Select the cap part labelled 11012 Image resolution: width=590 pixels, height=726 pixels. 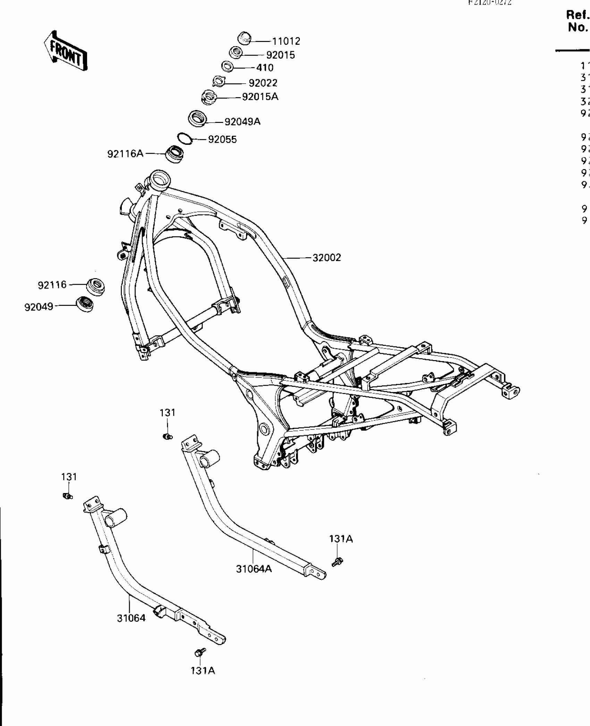(244, 38)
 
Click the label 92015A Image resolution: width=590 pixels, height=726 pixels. (260, 97)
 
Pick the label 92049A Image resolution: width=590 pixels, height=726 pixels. (242, 122)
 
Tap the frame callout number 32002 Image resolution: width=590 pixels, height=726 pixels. (327, 258)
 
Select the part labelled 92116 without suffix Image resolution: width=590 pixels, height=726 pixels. (95, 286)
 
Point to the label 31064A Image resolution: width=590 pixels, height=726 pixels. (254, 569)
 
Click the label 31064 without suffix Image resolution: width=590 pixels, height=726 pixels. (131, 618)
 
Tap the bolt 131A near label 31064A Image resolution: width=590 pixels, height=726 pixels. (337, 561)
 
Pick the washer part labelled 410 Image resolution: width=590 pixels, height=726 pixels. (227, 66)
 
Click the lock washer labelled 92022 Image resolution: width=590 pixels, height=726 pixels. (219, 82)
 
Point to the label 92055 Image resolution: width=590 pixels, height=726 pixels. (222, 140)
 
